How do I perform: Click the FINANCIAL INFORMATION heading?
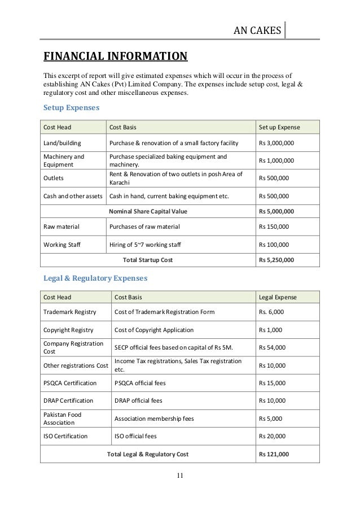pyautogui.click(x=115, y=56)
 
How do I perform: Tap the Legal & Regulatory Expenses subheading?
pyautogui.click(x=95, y=278)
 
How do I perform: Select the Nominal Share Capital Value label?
pyautogui.click(x=147, y=211)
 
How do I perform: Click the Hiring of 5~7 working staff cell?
pyautogui.click(x=145, y=245)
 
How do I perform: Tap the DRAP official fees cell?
pyautogui.click(x=138, y=400)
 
